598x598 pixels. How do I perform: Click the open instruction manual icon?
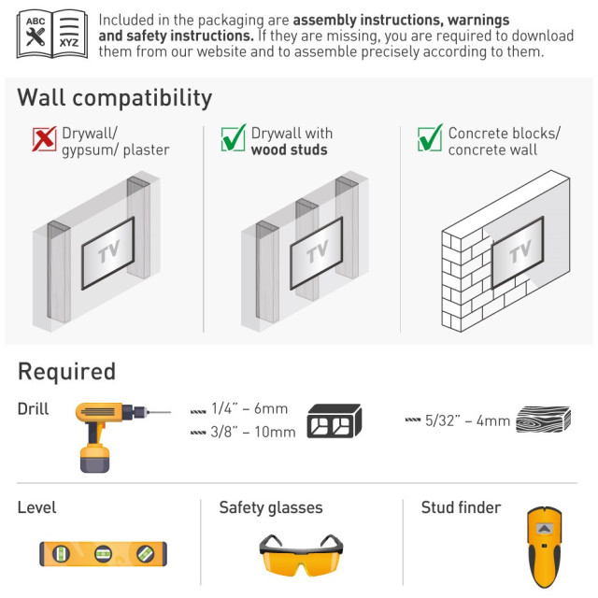[52, 35]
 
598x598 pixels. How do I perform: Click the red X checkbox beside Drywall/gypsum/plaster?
[44, 139]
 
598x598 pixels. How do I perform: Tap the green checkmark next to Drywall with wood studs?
[234, 137]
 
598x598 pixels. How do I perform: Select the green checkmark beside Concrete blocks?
[430, 137]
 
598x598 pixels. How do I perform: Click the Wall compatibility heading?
[114, 98]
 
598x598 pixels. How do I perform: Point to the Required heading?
[66, 372]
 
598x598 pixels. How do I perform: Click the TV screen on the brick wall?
[518, 252]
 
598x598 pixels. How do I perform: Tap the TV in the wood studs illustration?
[317, 253]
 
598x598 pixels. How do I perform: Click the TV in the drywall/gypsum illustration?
[108, 253]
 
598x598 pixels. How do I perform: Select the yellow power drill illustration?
[110, 436]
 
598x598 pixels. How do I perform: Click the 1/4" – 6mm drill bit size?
[249, 409]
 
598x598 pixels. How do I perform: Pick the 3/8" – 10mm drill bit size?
[253, 432]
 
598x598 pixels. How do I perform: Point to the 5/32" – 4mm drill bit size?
[467, 420]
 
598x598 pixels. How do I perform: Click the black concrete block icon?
[335, 421]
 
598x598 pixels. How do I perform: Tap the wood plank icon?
[544, 420]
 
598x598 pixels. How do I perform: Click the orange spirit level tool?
[104, 553]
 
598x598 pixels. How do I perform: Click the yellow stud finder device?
[545, 547]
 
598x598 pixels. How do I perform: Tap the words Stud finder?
[461, 507]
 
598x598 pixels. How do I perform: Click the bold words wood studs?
[289, 149]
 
